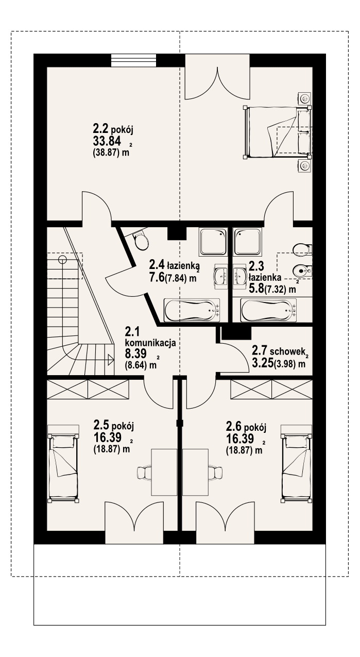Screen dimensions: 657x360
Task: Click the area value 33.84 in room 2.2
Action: pos(108,142)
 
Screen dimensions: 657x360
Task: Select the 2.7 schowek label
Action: pos(279,351)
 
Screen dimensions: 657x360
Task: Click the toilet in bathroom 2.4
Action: pos(140,240)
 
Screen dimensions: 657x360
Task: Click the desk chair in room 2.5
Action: pos(145,471)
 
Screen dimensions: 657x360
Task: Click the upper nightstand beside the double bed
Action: pos(305,97)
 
